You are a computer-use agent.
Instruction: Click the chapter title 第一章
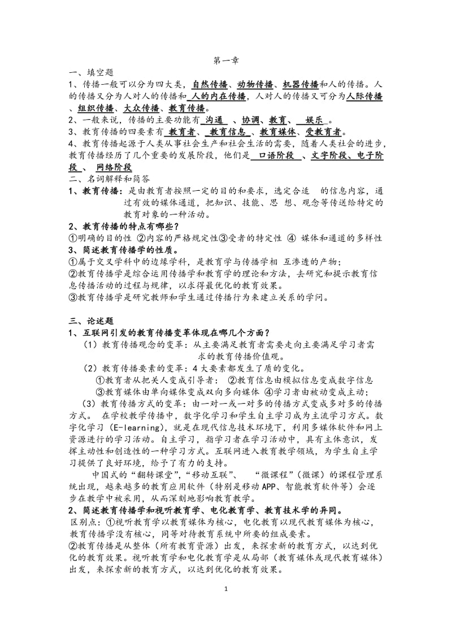pos(225,59)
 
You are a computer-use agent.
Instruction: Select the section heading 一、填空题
pos(91,72)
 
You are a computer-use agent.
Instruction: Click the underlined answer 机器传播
pos(301,84)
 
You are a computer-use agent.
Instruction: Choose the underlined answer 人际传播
pos(364,97)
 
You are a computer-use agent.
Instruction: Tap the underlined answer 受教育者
pos(324,132)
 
